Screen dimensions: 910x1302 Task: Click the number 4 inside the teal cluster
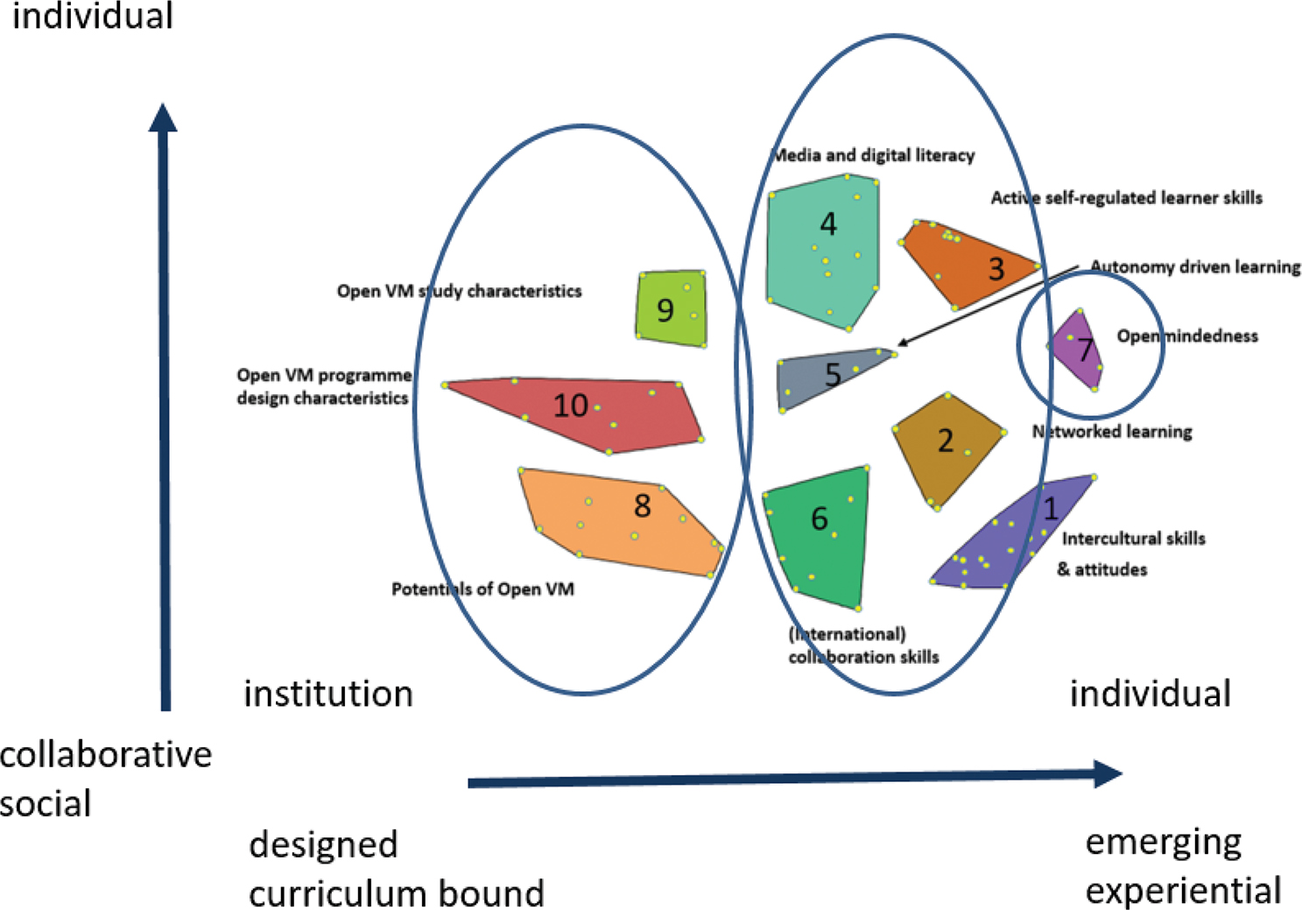827,224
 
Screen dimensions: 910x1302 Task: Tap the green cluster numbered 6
819,534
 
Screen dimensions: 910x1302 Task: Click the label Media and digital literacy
873,156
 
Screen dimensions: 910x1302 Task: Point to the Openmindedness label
1186,336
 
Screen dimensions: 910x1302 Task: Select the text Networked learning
1112,432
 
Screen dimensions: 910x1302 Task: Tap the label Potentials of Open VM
482,589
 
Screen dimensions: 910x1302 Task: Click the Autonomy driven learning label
1195,267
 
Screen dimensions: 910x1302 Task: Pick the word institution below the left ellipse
328,694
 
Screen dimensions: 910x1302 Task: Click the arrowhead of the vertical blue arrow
163,118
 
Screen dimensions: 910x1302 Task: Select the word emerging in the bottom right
1163,843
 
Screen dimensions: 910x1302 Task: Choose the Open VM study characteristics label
459,292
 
